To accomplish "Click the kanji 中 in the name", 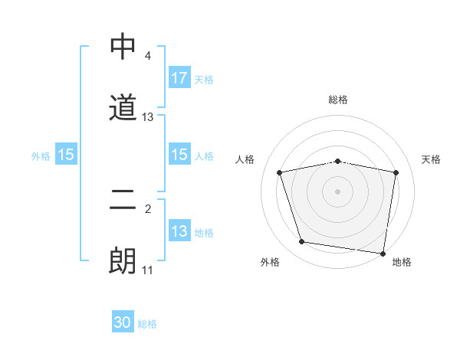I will pyautogui.click(x=123, y=47).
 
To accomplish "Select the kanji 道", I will pyautogui.click(x=123, y=107).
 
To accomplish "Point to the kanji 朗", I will pyautogui.click(x=123, y=260).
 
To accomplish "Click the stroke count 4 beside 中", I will pyautogui.click(x=147, y=57).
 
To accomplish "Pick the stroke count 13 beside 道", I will pyautogui.click(x=148, y=117).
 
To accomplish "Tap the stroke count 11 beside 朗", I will pyautogui.click(x=148, y=270).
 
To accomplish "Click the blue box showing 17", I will pyautogui.click(x=179, y=77).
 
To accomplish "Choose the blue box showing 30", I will pyautogui.click(x=123, y=322).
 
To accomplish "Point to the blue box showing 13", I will pyautogui.click(x=179, y=231).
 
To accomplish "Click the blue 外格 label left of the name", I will pyautogui.click(x=41, y=155).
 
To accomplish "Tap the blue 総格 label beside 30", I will pyautogui.click(x=147, y=324).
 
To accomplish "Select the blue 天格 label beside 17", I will pyautogui.click(x=204, y=79).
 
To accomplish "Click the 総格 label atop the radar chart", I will pyautogui.click(x=338, y=100).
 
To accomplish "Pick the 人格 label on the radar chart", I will pyautogui.click(x=245, y=159).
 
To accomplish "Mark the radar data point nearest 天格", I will pyautogui.click(x=396, y=172).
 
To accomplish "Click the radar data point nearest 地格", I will pyautogui.click(x=383, y=252).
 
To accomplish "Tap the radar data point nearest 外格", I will pyautogui.click(x=302, y=242).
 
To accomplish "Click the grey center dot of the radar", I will pyautogui.click(x=338, y=191).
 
